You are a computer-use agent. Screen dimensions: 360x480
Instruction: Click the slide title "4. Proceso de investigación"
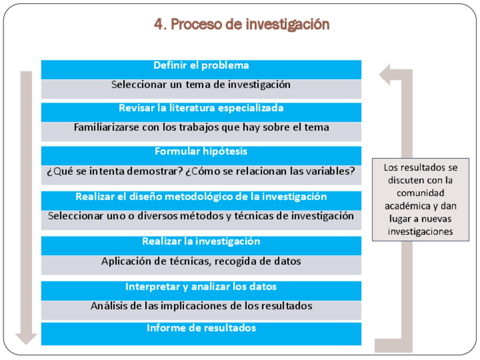click(241, 24)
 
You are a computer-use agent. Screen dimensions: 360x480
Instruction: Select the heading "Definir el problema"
click(201, 66)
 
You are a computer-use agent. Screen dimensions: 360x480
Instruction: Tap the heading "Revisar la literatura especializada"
click(201, 108)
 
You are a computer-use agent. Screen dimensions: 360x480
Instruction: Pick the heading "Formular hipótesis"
click(201, 152)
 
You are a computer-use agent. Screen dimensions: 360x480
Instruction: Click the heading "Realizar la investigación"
click(201, 242)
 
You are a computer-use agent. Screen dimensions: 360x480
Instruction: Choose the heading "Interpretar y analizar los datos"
click(201, 287)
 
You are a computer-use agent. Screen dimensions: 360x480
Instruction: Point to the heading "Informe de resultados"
click(201, 328)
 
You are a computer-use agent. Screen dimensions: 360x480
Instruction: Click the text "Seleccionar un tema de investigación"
click(201, 85)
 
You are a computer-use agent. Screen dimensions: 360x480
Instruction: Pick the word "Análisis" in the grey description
click(108, 306)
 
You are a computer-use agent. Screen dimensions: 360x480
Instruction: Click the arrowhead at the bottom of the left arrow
click(26, 338)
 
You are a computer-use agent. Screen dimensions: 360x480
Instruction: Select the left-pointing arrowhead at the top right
click(387, 75)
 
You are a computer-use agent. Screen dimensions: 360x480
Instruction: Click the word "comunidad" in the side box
click(420, 193)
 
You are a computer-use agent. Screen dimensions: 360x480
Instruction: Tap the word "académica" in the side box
click(406, 206)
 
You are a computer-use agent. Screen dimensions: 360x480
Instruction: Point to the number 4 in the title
click(158, 24)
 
